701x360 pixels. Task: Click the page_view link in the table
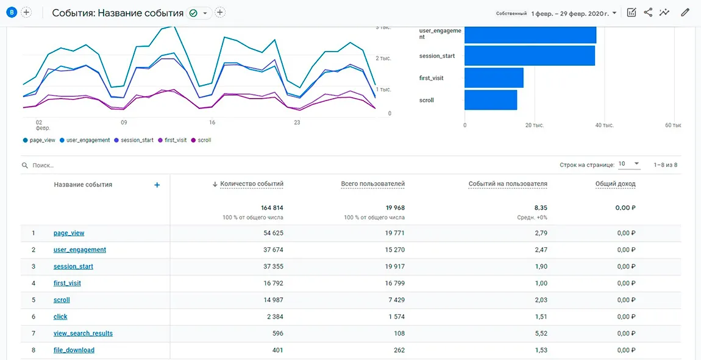(69, 233)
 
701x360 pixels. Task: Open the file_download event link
(74, 350)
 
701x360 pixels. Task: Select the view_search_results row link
(83, 333)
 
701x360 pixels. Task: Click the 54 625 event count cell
(272, 233)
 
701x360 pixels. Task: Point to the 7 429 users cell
(396, 300)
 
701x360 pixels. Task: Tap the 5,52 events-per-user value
(541, 333)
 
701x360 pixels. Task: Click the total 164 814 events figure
(272, 208)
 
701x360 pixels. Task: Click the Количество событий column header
(252, 183)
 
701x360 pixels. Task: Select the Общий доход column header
(615, 183)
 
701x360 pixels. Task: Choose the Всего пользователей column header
(373, 183)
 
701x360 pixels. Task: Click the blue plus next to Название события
(157, 185)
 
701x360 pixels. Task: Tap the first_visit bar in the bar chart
(494, 78)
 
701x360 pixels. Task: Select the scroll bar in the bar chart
(491, 100)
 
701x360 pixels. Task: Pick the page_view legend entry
(39, 140)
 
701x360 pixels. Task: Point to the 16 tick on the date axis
(212, 122)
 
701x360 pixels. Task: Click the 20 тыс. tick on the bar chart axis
(534, 125)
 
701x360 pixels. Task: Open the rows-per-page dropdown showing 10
(630, 164)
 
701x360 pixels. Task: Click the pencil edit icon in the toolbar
(685, 13)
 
